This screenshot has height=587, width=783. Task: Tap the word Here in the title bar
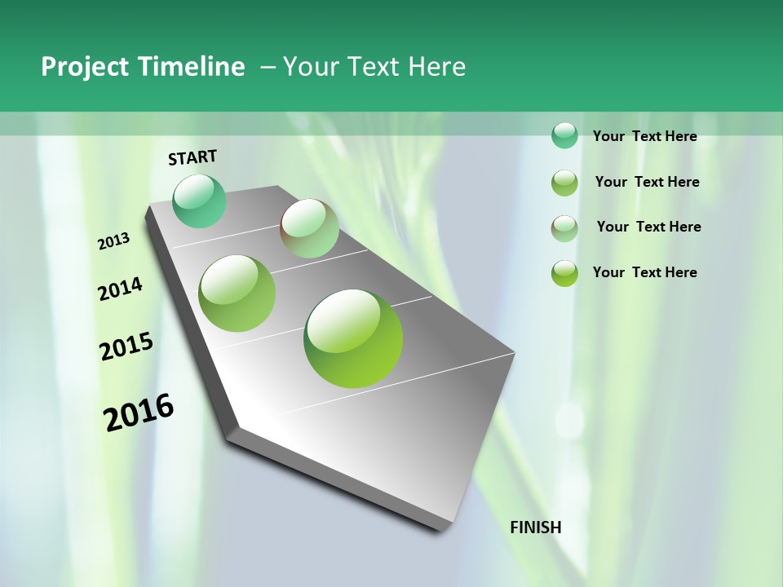[436, 67]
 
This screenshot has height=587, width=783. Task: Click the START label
[192, 157]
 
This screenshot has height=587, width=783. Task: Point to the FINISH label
[535, 527]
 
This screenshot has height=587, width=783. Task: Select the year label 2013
[114, 241]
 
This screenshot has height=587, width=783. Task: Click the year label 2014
[120, 289]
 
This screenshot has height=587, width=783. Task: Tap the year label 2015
[126, 346]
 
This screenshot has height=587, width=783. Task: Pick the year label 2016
[139, 413]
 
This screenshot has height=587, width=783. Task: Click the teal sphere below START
[199, 201]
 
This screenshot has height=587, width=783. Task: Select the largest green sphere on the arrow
[353, 338]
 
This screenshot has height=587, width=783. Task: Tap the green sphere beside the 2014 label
[237, 293]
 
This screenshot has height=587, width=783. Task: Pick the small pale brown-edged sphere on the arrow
[309, 228]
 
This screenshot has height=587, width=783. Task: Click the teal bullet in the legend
[564, 135]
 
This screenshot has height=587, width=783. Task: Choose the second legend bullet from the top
[564, 183]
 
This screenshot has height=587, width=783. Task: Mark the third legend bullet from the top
[564, 228]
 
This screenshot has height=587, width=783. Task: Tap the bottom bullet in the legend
[564, 273]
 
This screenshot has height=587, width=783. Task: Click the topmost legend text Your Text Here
[644, 136]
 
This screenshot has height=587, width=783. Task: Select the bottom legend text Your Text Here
[644, 272]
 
